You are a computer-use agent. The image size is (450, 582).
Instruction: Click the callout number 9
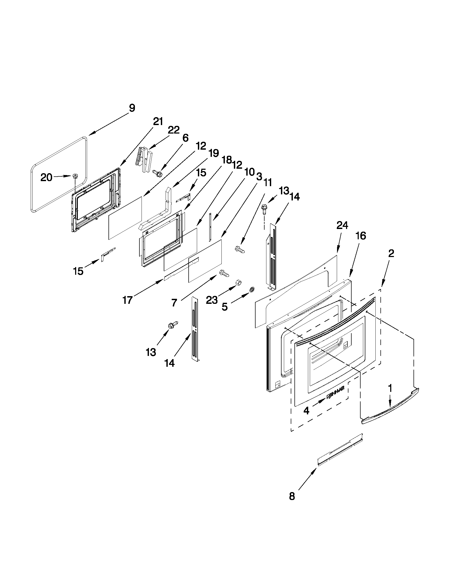click(x=132, y=108)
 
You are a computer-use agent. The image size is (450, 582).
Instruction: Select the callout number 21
click(x=158, y=122)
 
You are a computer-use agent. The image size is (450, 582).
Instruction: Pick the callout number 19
click(x=214, y=153)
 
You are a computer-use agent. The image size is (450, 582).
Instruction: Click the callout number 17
click(x=128, y=300)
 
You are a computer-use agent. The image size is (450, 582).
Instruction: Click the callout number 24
click(x=342, y=226)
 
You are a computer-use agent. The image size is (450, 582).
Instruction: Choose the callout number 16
click(x=361, y=236)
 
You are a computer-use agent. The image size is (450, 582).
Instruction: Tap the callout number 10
click(x=249, y=172)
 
